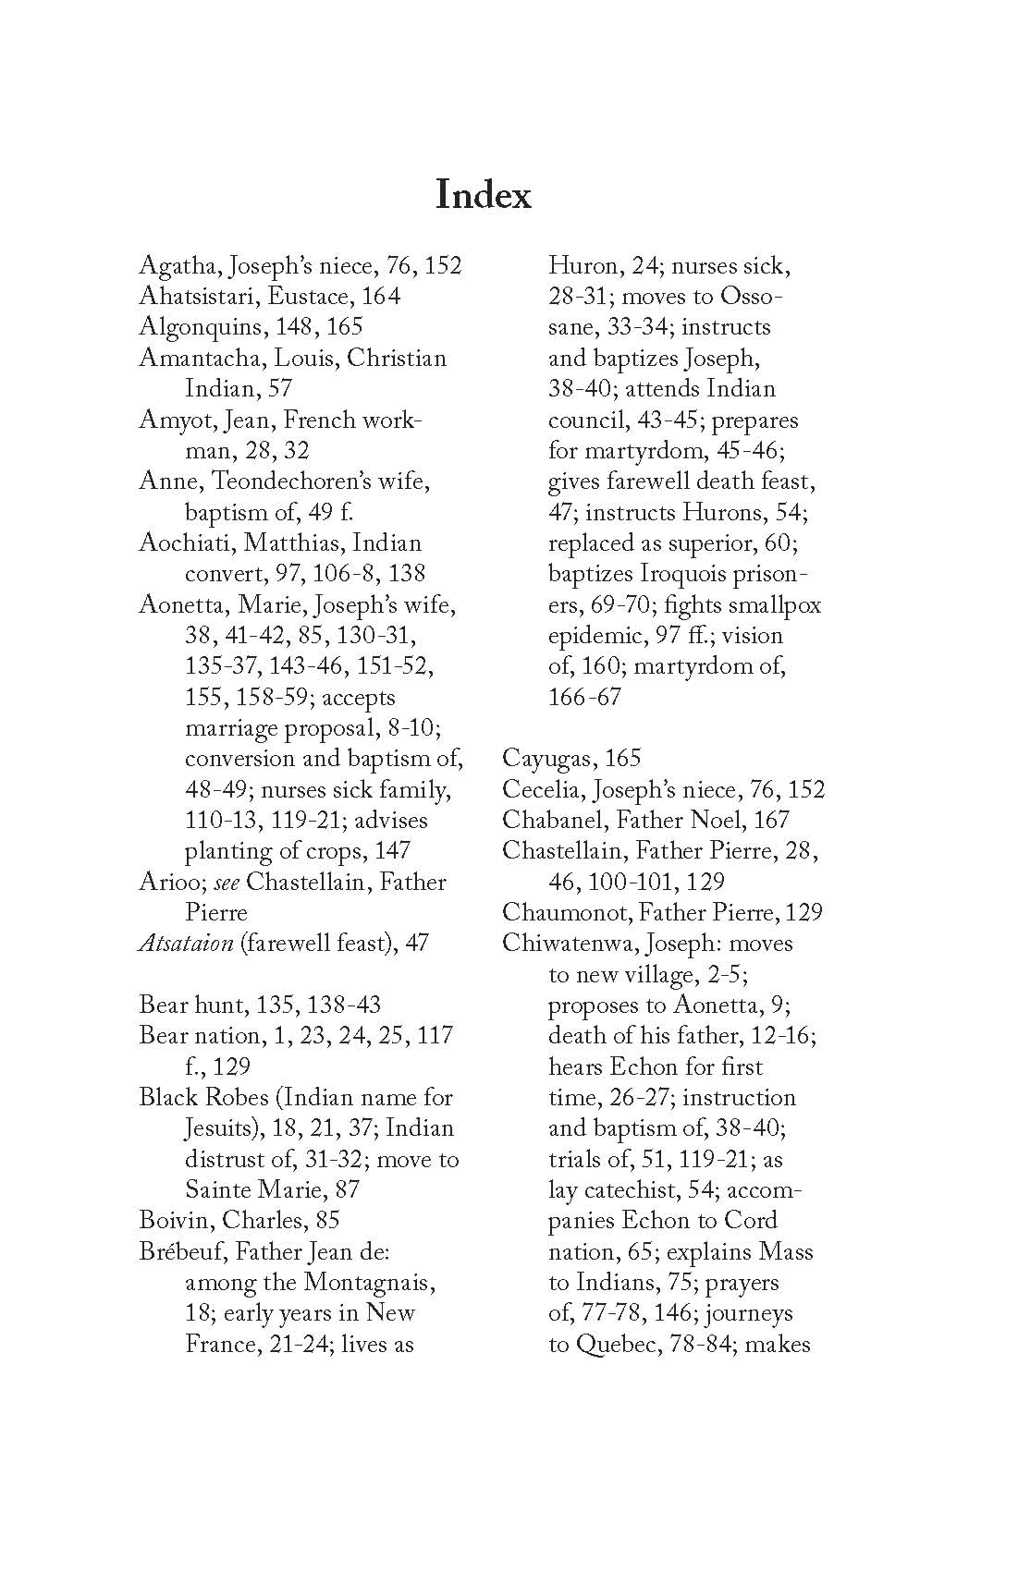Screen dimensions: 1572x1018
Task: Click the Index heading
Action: [483, 195]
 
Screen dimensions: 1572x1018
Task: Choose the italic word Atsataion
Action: [185, 944]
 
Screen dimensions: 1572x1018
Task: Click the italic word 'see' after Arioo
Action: [227, 883]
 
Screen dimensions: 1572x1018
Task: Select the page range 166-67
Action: [584, 698]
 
